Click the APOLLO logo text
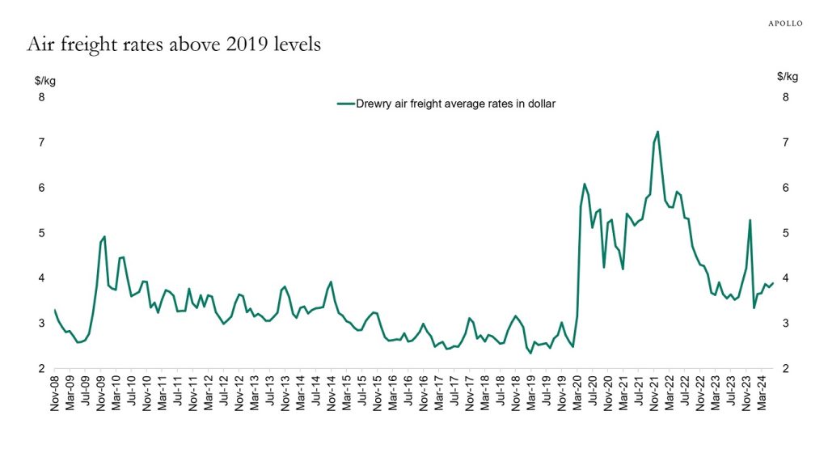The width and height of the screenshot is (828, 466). (x=784, y=23)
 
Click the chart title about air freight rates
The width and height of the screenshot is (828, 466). (x=174, y=44)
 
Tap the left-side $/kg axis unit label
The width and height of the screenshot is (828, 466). (x=44, y=79)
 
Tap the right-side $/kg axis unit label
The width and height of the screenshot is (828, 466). (x=787, y=77)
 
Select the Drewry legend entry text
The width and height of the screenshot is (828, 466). (x=456, y=104)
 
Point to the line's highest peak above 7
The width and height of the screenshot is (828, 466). (x=657, y=132)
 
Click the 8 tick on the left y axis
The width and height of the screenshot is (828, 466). (x=42, y=98)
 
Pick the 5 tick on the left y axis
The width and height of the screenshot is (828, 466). (x=42, y=233)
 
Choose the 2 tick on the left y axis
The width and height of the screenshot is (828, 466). (x=42, y=368)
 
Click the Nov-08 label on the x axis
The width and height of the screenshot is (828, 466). (x=55, y=393)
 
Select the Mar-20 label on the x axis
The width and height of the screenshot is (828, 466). (x=577, y=393)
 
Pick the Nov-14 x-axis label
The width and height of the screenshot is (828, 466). (x=331, y=393)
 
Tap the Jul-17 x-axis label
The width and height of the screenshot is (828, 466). (x=454, y=393)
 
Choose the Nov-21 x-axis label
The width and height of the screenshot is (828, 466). (x=654, y=393)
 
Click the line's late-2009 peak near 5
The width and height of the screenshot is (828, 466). (x=104, y=236)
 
